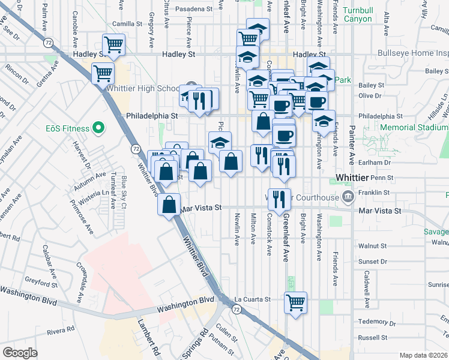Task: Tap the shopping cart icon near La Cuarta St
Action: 295,302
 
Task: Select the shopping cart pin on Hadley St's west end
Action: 113,44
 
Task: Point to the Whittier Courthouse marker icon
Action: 348,197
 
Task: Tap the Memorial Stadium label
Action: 414,127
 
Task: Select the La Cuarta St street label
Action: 253,299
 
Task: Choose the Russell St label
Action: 372,337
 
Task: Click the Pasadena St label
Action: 193,10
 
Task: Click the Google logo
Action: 20,352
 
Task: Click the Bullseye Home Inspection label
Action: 413,53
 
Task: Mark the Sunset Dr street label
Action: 372,262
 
